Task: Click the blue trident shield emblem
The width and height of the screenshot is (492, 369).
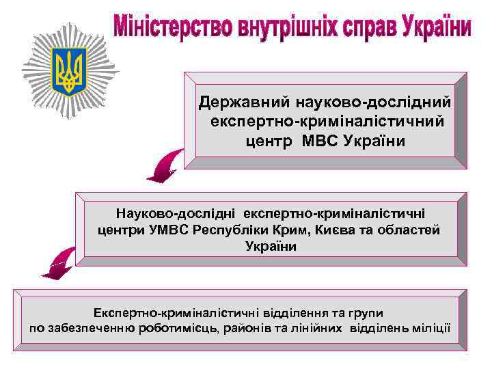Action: pyautogui.click(x=69, y=70)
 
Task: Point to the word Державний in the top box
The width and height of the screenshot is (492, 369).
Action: pyautogui.click(x=244, y=102)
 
